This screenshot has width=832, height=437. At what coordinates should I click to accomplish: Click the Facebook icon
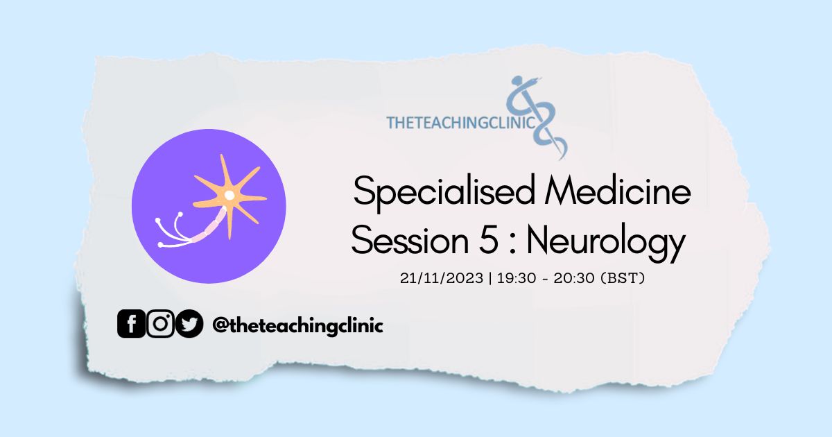click(x=131, y=324)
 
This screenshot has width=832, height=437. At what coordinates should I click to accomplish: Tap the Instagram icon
click(x=160, y=324)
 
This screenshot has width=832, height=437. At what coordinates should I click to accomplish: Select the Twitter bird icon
click(x=189, y=324)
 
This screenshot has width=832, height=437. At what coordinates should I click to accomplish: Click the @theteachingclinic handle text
click(x=297, y=326)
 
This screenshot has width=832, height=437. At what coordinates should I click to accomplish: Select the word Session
click(x=410, y=240)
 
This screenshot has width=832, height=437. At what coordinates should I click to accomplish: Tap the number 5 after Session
click(x=488, y=240)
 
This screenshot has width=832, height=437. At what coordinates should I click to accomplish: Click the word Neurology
click(x=606, y=242)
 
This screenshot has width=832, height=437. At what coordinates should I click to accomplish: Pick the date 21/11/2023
click(x=442, y=278)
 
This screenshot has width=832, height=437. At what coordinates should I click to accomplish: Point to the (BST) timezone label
click(x=623, y=278)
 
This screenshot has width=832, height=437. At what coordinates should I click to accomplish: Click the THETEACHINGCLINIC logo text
click(x=461, y=123)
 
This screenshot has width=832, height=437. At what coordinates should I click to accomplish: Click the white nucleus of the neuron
click(x=229, y=195)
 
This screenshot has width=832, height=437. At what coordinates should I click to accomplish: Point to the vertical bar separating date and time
click(x=490, y=278)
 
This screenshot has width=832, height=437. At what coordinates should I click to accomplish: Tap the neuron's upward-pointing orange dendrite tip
click(x=221, y=155)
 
